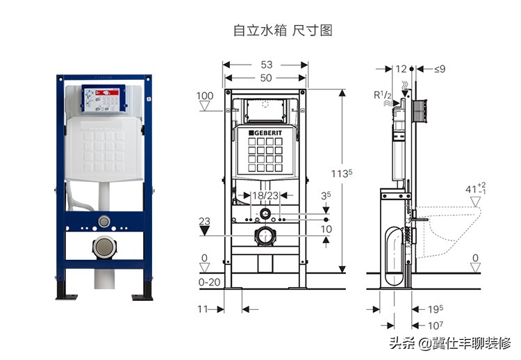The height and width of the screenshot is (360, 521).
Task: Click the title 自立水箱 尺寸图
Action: pos(283,31)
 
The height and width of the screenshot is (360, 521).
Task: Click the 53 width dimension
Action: pos(266,65)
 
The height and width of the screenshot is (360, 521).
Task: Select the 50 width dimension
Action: pos(266,78)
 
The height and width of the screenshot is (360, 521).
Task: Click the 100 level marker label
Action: pos(205,96)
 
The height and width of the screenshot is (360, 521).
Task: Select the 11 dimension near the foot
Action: pos(202,309)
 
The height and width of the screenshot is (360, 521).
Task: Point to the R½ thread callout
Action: pos(383,95)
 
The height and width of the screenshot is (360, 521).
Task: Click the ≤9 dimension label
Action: pos(439,69)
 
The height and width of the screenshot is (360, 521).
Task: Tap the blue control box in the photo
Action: pos(104,99)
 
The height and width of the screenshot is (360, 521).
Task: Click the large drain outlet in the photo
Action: pos(105,247)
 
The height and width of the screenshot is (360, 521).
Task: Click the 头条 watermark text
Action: pos(402,343)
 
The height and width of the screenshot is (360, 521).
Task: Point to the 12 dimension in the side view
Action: pos(401,69)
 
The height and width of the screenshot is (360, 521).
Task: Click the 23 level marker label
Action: pos(204,222)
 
